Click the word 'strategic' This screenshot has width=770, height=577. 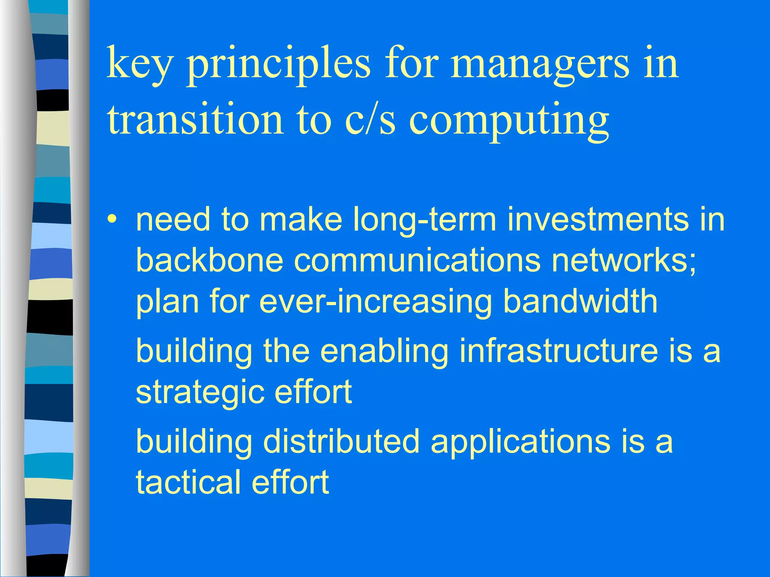[x=200, y=392]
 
